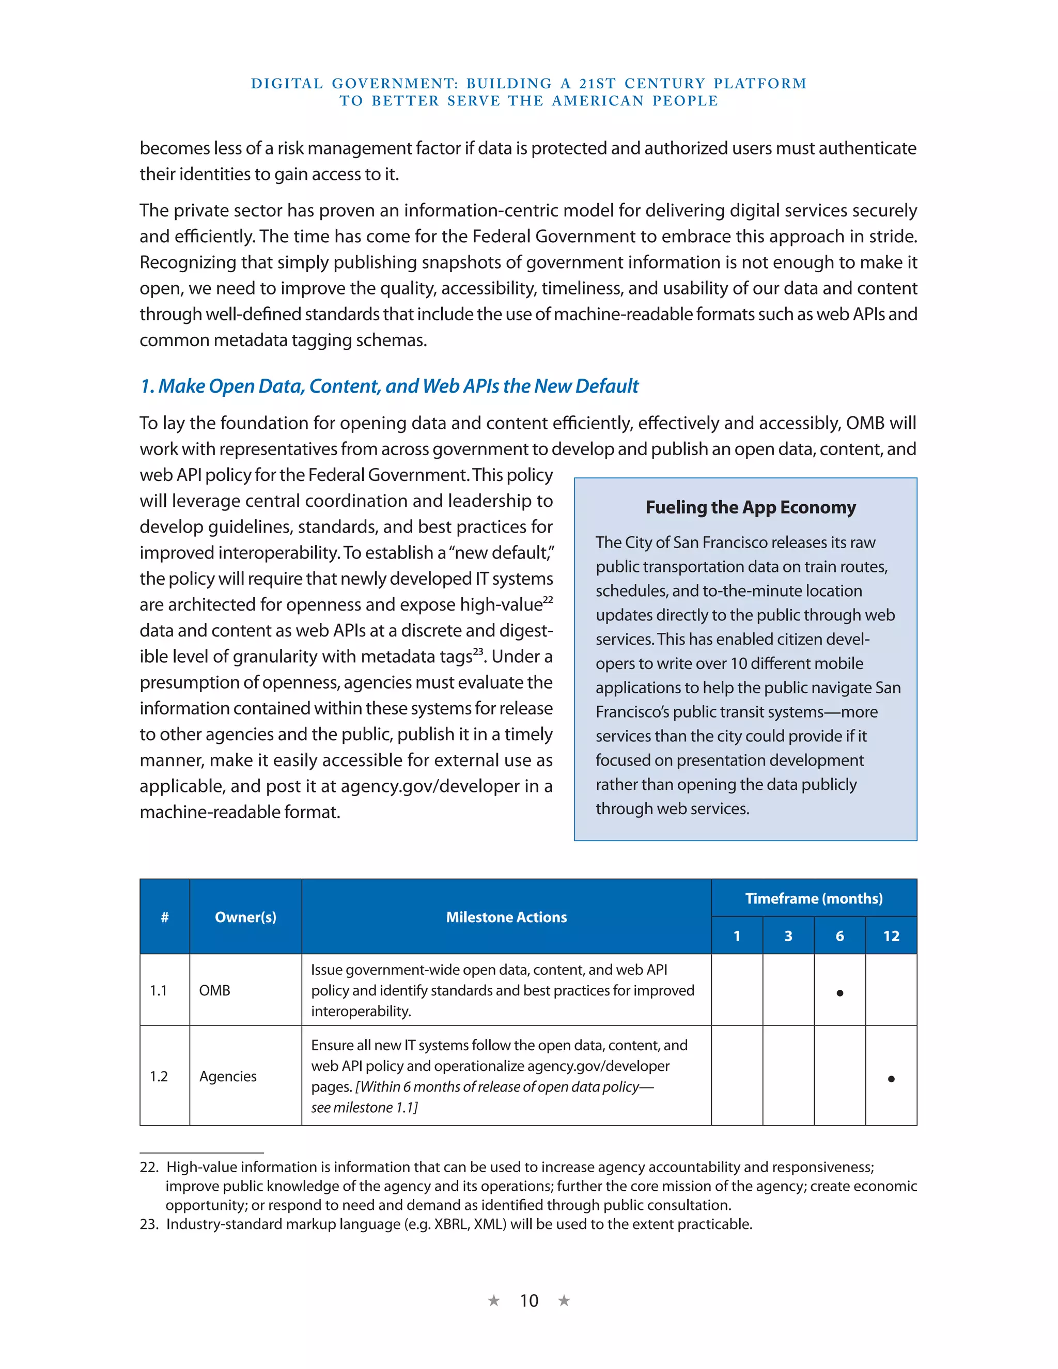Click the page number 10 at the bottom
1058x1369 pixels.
(x=529, y=1301)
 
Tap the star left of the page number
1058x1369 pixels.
(x=494, y=1301)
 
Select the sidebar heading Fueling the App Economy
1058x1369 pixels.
(x=750, y=507)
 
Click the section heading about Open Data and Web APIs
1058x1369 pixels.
(x=388, y=386)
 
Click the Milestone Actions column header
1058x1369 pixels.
(x=506, y=917)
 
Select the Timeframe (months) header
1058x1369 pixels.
(x=814, y=898)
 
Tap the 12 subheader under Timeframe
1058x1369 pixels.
(x=891, y=936)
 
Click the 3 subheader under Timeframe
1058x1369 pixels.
(x=788, y=936)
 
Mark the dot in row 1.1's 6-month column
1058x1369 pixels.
(x=839, y=993)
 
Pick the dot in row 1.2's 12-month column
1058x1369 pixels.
(x=891, y=1079)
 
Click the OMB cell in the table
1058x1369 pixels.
(x=214, y=990)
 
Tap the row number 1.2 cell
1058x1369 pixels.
(x=159, y=1076)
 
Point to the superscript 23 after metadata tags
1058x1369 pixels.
(x=478, y=651)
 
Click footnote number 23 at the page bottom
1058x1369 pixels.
(x=149, y=1224)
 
